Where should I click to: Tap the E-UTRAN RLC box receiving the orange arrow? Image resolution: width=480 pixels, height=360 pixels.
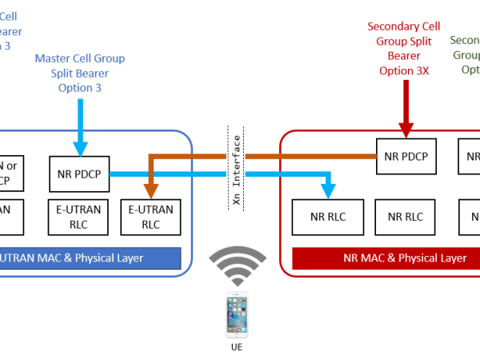[150, 217]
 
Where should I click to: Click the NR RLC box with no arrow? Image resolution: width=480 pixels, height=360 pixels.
[406, 217]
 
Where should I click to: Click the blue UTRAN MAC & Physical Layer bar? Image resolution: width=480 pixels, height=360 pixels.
[88, 258]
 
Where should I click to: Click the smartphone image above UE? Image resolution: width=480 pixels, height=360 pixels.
[238, 315]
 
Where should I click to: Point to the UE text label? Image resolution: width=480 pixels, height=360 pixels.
[238, 349]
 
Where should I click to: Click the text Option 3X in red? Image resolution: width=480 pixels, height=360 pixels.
[406, 70]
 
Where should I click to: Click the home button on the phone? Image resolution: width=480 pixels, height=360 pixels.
[238, 334]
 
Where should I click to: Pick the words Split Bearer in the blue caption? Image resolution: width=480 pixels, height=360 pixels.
[80, 73]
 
